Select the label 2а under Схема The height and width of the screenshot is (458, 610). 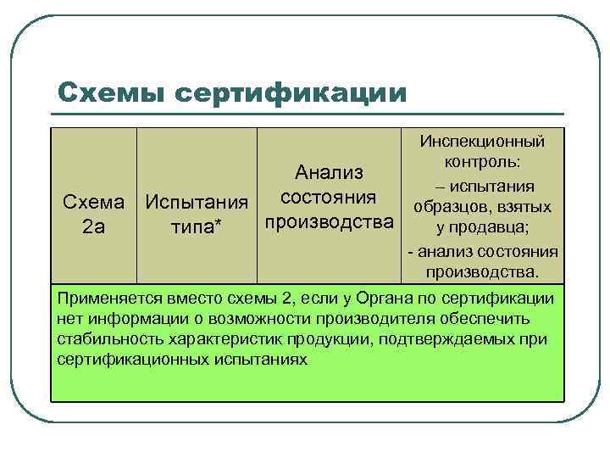93,226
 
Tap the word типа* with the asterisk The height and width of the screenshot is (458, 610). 197,226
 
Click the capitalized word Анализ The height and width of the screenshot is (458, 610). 330,173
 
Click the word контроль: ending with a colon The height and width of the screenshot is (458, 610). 481,162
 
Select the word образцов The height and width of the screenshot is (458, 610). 452,207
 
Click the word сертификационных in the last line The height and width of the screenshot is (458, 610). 127,360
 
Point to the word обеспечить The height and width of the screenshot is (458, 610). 493,319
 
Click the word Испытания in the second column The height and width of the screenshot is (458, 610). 197,204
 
